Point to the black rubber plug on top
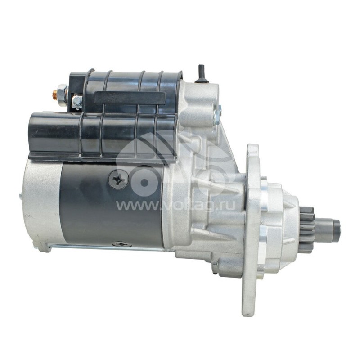[201, 74]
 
